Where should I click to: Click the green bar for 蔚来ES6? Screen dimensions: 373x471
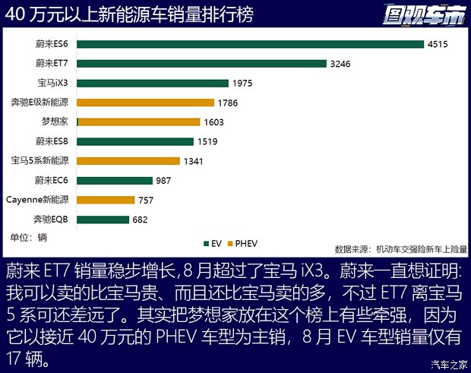pyautogui.click(x=250, y=44)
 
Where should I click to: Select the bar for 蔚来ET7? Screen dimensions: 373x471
pyautogui.click(x=201, y=64)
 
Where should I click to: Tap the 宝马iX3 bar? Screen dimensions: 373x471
pyautogui.click(x=153, y=84)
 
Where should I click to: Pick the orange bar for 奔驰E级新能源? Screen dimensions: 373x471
pyautogui.click(x=145, y=102)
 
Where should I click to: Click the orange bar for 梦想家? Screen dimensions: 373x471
pyautogui.click(x=139, y=122)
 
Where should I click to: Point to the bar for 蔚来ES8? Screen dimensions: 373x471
pyautogui.click(x=135, y=141)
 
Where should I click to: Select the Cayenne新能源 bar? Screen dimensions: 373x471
pyautogui.click(x=106, y=200)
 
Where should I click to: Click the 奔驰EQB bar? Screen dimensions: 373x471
pyautogui.click(x=103, y=220)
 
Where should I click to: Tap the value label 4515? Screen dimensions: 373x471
pyautogui.click(x=438, y=44)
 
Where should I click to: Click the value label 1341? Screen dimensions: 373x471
pyautogui.click(x=193, y=161)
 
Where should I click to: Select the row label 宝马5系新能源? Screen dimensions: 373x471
pyautogui.click(x=40, y=161)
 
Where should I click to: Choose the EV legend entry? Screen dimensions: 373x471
pyautogui.click(x=212, y=243)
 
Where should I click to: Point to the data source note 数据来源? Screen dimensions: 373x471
pyautogui.click(x=401, y=248)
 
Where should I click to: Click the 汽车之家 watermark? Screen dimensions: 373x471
pyautogui.click(x=448, y=364)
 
